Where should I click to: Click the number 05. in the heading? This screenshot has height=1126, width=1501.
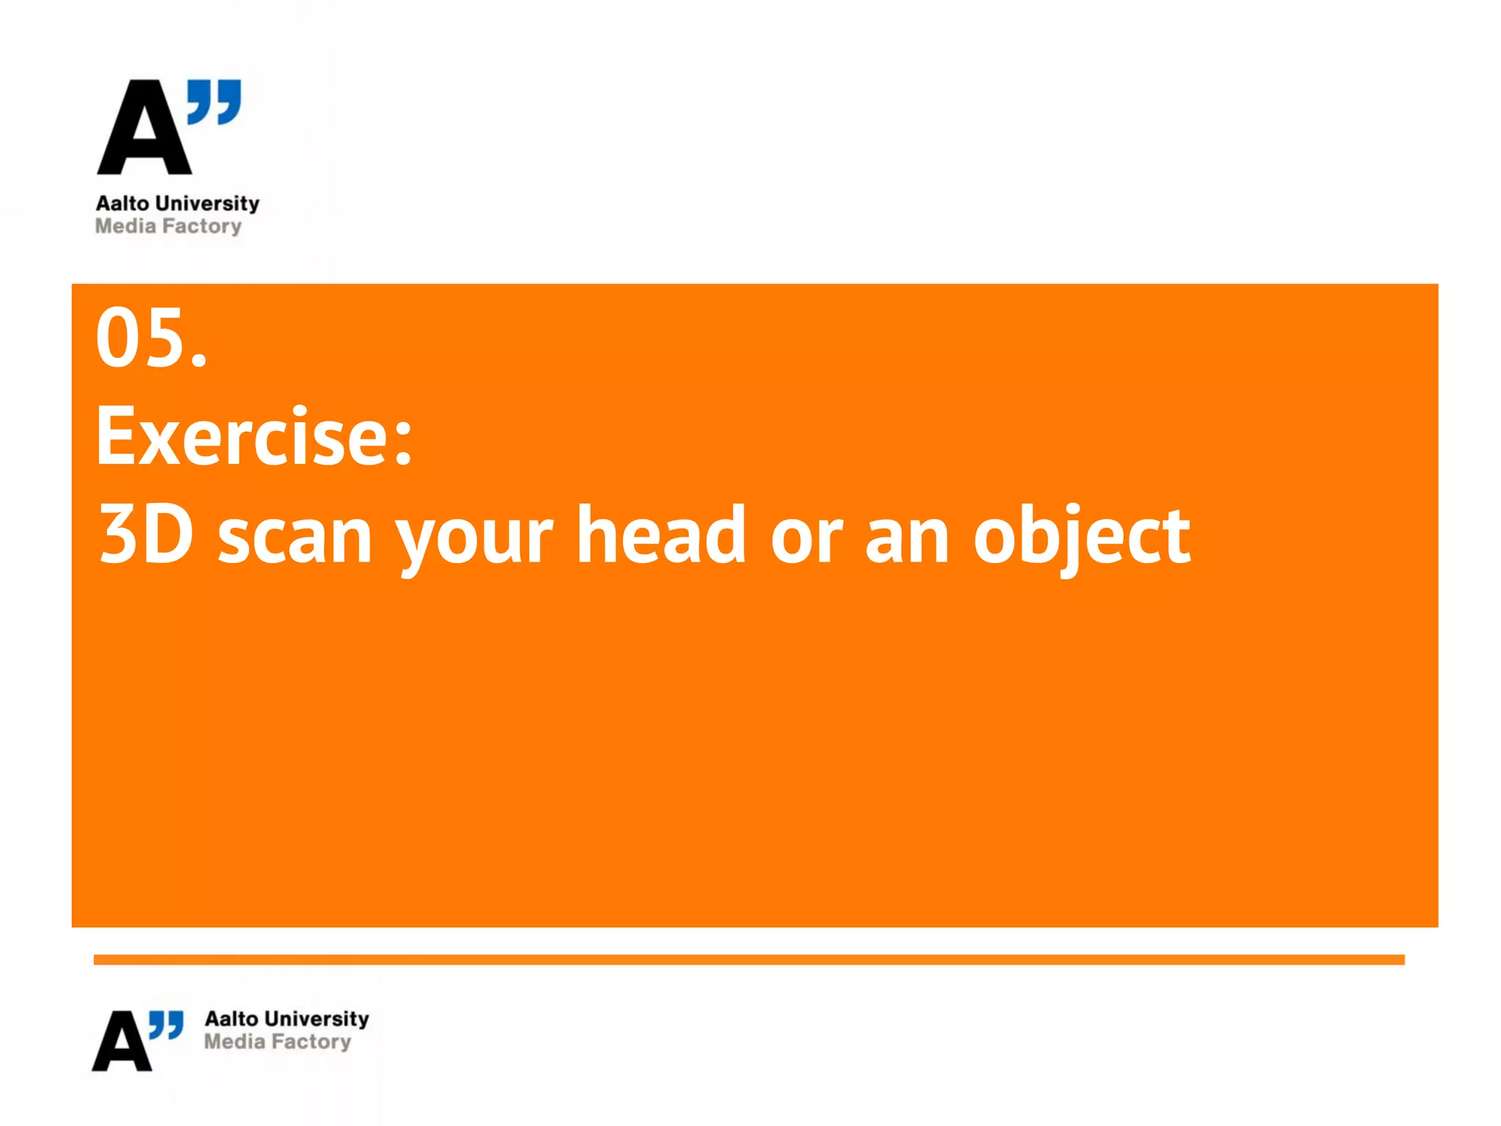coord(152,338)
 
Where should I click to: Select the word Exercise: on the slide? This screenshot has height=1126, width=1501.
coord(254,437)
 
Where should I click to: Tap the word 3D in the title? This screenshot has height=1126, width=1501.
coord(147,535)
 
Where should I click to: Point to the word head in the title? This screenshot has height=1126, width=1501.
coord(661,535)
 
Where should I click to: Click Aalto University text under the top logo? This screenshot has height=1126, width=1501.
coord(177,203)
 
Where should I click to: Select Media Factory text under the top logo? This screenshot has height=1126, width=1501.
coord(168,227)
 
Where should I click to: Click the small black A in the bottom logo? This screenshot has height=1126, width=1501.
coord(122,1042)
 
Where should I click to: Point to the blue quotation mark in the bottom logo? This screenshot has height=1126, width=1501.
coord(166,1025)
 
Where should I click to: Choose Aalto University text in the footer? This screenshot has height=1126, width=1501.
coord(287,1019)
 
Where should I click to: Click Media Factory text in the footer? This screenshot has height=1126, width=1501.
coord(277,1042)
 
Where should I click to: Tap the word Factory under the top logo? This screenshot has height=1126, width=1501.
coord(202,227)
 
